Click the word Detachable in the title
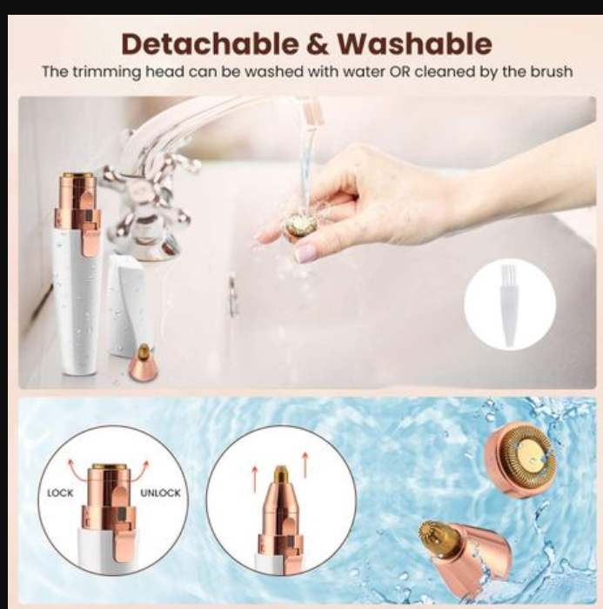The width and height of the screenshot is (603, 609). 210,43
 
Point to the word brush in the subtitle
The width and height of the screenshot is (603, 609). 552,72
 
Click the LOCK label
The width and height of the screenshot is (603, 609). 60,493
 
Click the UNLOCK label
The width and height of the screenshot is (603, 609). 160,493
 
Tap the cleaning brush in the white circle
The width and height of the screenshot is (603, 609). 508,304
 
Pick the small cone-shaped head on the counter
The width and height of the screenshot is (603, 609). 144,362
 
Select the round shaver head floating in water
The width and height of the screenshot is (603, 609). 520,459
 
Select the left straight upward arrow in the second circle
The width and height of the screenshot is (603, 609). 255,479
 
